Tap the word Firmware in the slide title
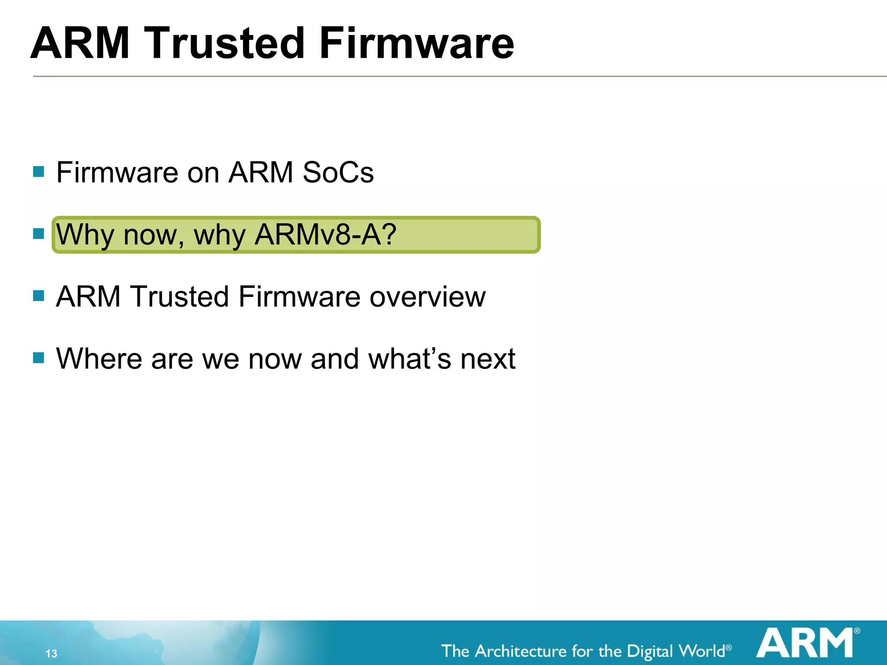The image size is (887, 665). click(416, 43)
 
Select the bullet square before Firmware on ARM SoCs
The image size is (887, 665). click(39, 172)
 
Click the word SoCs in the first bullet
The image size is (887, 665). click(338, 173)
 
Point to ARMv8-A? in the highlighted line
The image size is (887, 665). click(325, 235)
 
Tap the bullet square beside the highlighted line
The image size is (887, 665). click(39, 234)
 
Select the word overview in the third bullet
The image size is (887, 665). click(427, 297)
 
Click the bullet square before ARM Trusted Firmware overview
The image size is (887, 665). click(39, 296)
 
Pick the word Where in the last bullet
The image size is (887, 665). click(99, 359)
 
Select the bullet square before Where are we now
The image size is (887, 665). click(39, 358)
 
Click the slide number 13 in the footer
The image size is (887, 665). click(51, 653)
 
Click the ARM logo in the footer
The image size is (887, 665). click(805, 643)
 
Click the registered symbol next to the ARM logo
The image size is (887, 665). click(857, 631)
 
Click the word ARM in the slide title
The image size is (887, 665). click(80, 43)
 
